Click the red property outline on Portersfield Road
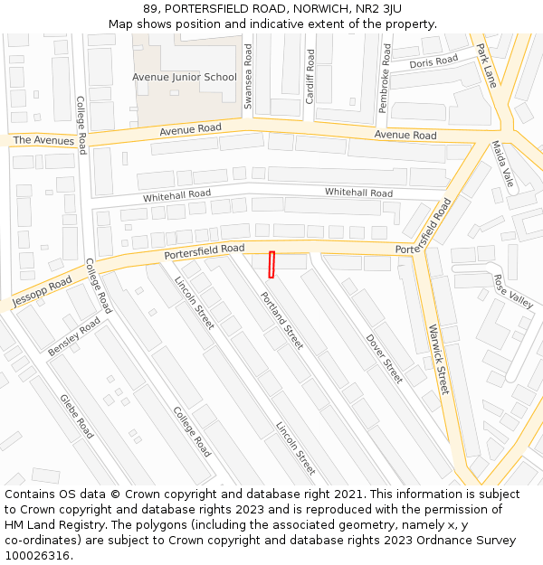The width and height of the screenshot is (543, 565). [271, 264]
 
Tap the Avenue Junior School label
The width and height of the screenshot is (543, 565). [185, 78]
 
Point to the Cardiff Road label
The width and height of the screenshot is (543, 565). [310, 77]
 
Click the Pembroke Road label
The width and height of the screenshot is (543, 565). [385, 84]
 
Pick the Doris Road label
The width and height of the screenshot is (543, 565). [433, 62]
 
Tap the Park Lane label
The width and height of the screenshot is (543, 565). [487, 65]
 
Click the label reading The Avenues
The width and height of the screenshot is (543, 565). [43, 140]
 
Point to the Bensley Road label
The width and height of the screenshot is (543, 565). [75, 335]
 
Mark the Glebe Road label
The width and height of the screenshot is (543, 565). [77, 416]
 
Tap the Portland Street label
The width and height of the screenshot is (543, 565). [281, 320]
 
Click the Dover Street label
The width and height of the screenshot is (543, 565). [385, 359]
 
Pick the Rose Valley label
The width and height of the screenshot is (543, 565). [513, 290]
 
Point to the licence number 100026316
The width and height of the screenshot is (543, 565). [38, 555]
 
